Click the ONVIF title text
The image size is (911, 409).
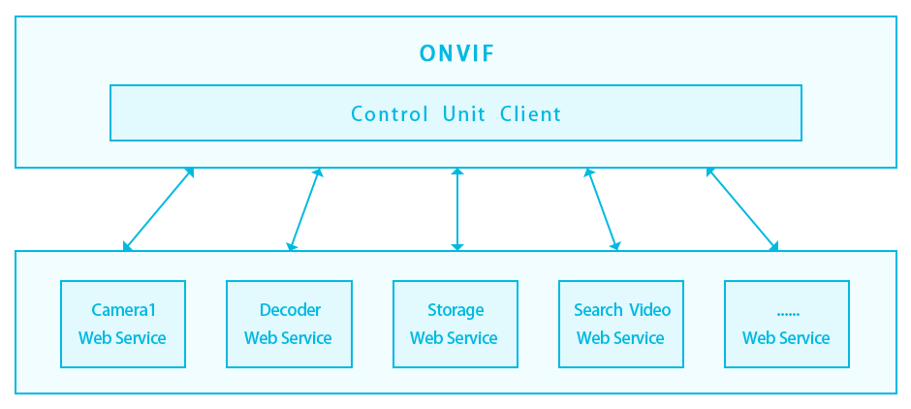(x=456, y=54)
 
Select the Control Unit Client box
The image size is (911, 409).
(x=455, y=113)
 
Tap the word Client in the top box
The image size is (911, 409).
(x=530, y=114)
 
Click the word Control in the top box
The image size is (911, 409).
(x=389, y=114)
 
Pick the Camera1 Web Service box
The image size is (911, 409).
(x=123, y=325)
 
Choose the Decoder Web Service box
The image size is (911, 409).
(x=289, y=325)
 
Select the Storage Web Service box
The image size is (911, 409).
(x=455, y=325)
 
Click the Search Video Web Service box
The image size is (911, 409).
(x=621, y=325)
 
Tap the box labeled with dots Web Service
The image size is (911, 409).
(x=786, y=325)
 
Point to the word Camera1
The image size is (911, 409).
(x=123, y=310)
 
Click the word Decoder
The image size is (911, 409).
(x=290, y=310)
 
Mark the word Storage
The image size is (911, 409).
(x=455, y=310)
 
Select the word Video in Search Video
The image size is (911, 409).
(x=649, y=310)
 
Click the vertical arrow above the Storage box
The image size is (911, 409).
(x=457, y=209)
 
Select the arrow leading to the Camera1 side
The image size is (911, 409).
(x=159, y=209)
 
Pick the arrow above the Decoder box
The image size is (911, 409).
(x=304, y=209)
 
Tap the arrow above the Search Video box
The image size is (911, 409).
(x=602, y=209)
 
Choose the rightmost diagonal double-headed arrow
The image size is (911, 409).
(x=741, y=209)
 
